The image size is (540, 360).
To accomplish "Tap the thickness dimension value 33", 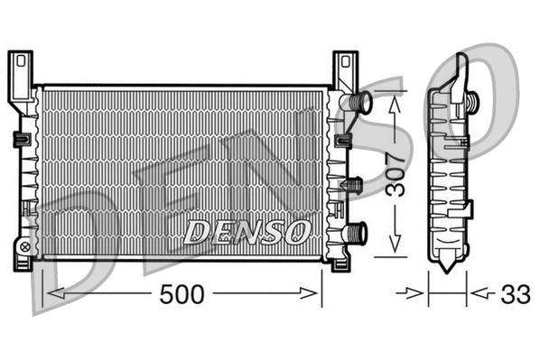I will pos(516,293).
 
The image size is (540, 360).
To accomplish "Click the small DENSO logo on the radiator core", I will pos(247,230).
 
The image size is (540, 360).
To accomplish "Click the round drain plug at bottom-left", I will pos(24,245).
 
